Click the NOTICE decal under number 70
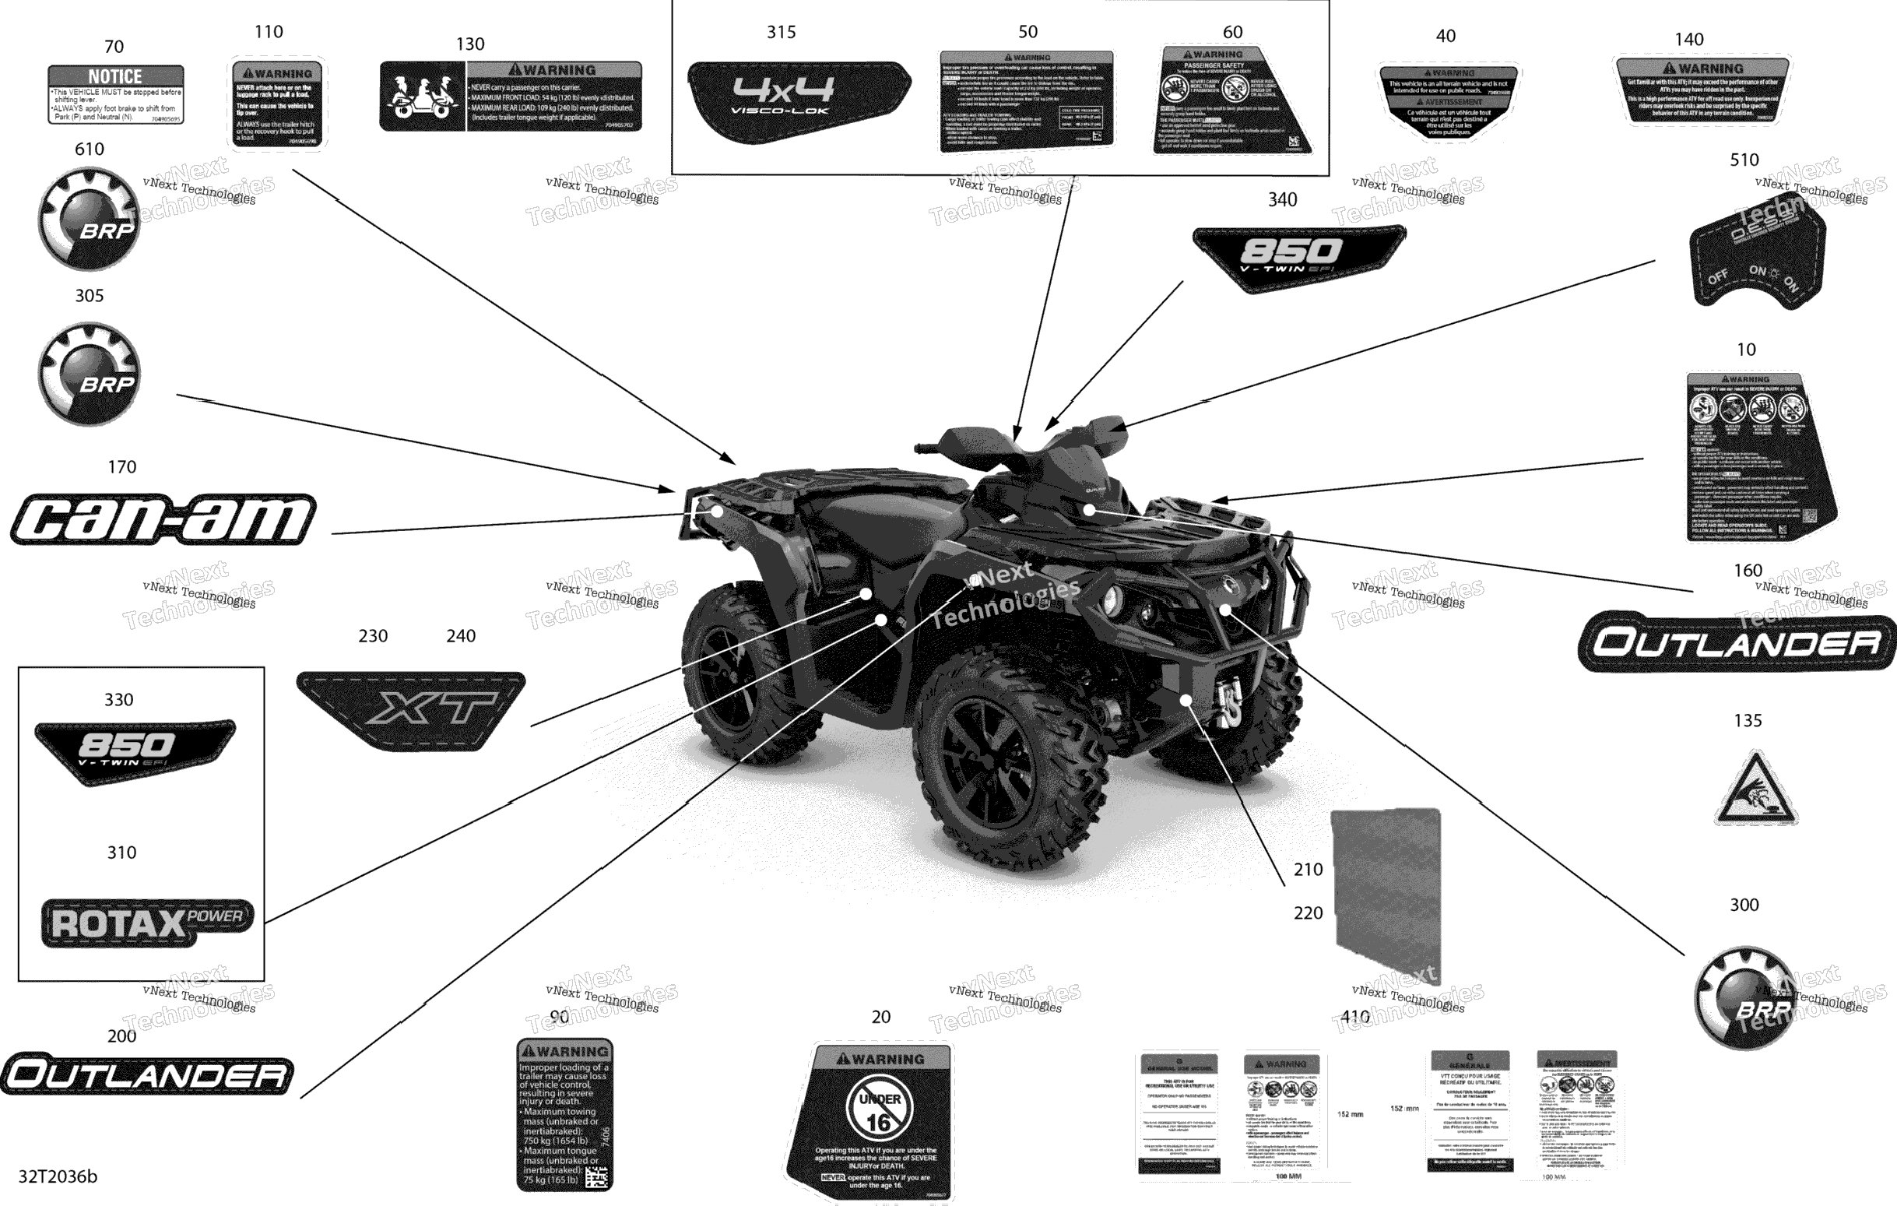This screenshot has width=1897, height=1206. (x=116, y=94)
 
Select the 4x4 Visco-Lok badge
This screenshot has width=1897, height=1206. (x=797, y=98)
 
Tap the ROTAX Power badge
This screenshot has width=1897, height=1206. (x=147, y=923)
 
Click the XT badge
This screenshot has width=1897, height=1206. (x=411, y=710)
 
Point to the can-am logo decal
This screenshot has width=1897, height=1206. (x=163, y=520)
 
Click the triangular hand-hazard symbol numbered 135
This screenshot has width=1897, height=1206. (x=1756, y=792)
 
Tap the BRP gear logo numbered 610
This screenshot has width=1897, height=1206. (x=90, y=218)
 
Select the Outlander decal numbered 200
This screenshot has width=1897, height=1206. (x=147, y=1074)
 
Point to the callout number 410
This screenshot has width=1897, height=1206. (x=1355, y=1017)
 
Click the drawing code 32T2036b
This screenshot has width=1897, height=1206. (x=58, y=1177)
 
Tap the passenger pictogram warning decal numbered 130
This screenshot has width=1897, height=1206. (x=511, y=96)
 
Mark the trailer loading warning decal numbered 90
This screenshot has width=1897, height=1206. (x=565, y=1114)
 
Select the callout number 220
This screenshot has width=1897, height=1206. (x=1308, y=913)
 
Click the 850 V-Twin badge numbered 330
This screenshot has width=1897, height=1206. (x=135, y=748)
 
